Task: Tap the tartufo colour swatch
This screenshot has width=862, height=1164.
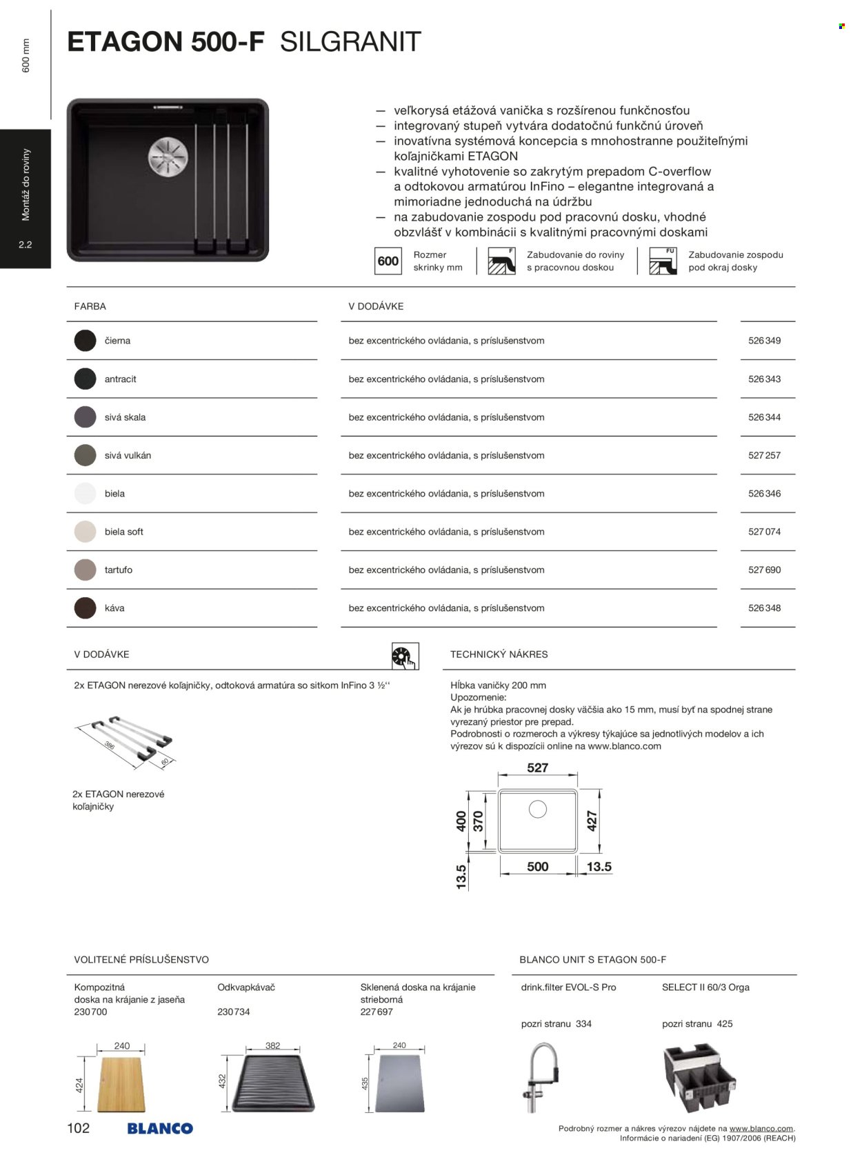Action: (85, 570)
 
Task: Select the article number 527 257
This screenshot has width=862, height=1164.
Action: (764, 455)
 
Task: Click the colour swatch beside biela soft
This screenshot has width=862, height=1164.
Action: (85, 532)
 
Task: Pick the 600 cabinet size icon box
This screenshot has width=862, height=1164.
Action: (388, 261)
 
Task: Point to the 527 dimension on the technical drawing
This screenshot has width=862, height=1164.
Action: (537, 767)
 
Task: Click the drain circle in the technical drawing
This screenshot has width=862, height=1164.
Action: (537, 809)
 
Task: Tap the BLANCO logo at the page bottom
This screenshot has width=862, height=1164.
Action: (160, 1128)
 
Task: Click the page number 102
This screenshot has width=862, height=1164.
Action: (79, 1128)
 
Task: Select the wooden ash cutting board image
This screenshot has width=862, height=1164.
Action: (121, 1083)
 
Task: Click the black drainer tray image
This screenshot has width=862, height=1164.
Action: (273, 1083)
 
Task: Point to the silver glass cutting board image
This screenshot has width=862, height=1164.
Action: (399, 1083)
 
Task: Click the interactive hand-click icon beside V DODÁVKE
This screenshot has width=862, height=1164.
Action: (405, 656)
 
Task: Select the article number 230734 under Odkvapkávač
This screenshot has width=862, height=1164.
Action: (234, 1012)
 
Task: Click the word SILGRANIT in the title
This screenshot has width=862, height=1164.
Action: (350, 42)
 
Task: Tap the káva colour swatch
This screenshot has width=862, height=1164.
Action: (85, 608)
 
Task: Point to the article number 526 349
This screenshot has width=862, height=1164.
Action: (764, 341)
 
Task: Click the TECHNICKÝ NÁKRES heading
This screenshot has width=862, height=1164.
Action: (499, 654)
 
